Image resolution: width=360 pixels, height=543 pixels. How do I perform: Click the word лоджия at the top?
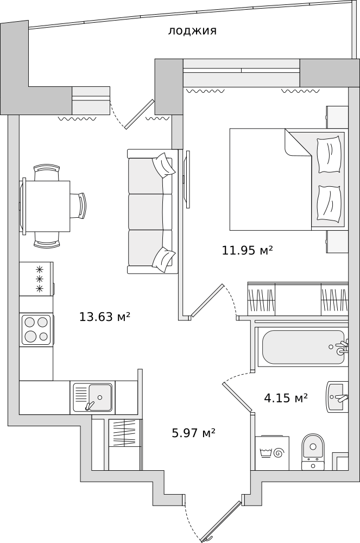(192, 31)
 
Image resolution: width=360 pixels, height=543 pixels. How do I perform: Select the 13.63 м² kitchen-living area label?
(105, 316)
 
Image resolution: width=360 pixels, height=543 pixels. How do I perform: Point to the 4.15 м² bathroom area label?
(286, 398)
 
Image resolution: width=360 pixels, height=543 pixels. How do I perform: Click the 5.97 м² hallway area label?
(194, 432)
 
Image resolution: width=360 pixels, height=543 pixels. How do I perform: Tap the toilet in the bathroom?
(313, 452)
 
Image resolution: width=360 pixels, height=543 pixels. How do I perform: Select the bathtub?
(303, 347)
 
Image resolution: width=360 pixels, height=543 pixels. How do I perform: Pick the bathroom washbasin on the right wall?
(337, 397)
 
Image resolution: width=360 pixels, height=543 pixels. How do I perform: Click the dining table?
(48, 206)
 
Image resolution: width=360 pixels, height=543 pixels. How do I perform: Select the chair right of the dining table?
(78, 206)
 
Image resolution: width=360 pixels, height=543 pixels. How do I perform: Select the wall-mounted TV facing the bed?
(187, 179)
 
